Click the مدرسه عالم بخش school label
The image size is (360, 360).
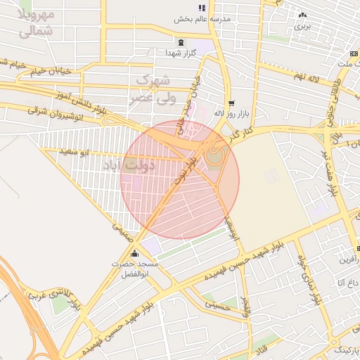(x=202, y=20)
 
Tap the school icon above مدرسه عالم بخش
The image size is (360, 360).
(x=202, y=8)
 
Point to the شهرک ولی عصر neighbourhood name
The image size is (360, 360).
(x=151, y=90)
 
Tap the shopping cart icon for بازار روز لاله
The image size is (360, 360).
(x=231, y=103)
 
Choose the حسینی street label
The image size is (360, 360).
(x=218, y=304)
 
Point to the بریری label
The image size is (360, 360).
(x=302, y=25)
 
